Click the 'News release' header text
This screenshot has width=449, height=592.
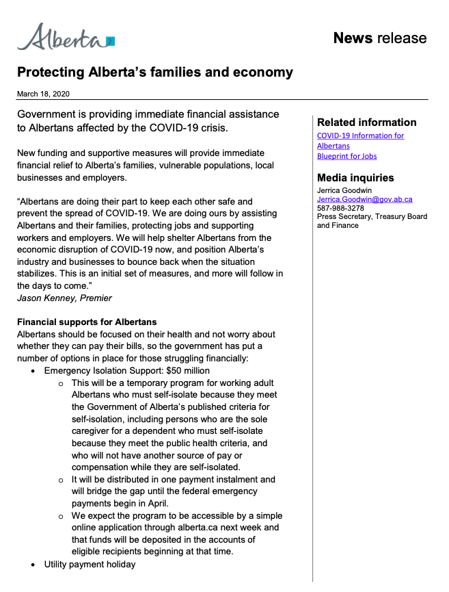(x=379, y=38)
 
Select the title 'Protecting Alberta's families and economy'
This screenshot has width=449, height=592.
(x=154, y=73)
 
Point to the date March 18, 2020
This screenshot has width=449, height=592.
(x=43, y=94)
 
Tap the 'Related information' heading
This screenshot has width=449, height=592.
(x=366, y=123)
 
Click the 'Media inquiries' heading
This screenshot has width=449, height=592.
(x=355, y=178)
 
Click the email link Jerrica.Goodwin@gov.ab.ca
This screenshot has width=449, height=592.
(x=364, y=199)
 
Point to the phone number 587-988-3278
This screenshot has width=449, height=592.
(x=340, y=208)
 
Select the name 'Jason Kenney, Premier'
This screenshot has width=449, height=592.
(x=65, y=298)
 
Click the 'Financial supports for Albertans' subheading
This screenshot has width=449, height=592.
(x=87, y=322)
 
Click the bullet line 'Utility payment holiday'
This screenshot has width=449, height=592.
(x=90, y=565)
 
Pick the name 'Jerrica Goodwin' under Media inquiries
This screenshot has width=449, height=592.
(x=344, y=190)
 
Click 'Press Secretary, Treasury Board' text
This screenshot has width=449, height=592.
(x=372, y=217)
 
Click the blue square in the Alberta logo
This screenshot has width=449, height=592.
(x=111, y=42)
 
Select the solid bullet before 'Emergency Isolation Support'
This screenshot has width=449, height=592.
(x=33, y=371)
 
